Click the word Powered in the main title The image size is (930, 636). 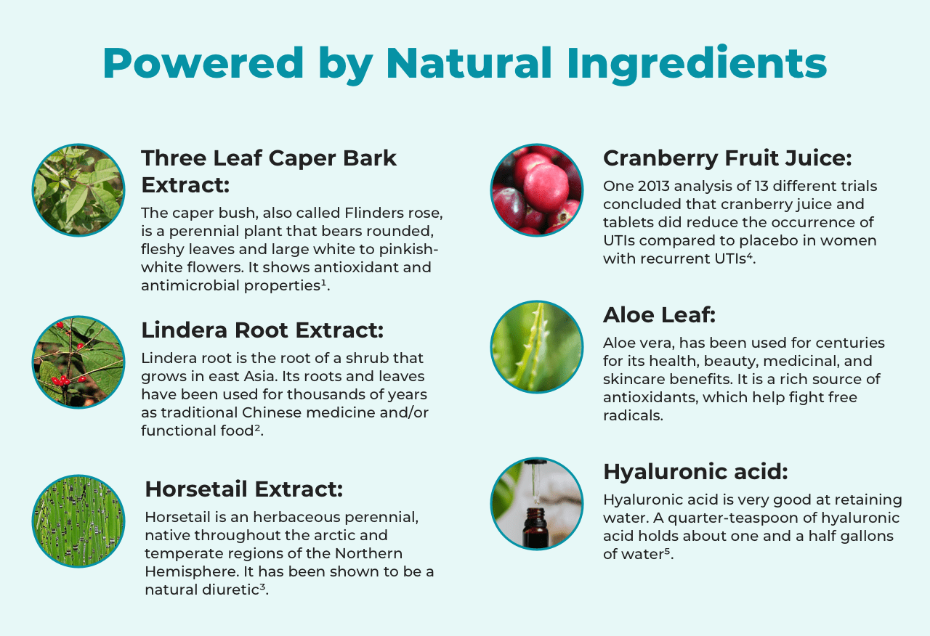tap(203, 62)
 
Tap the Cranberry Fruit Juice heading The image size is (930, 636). tap(727, 158)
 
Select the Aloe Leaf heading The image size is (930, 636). tap(659, 315)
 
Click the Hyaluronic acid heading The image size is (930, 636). tap(695, 472)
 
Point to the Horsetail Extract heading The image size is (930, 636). tap(244, 489)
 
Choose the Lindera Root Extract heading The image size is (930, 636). tap(262, 330)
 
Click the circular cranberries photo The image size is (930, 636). tap(537, 190)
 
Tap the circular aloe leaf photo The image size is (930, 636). tap(537, 347)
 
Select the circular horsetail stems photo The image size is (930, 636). tap(78, 521)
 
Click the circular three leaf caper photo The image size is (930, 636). tap(78, 190)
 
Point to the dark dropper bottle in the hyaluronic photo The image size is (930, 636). tap(535, 527)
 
